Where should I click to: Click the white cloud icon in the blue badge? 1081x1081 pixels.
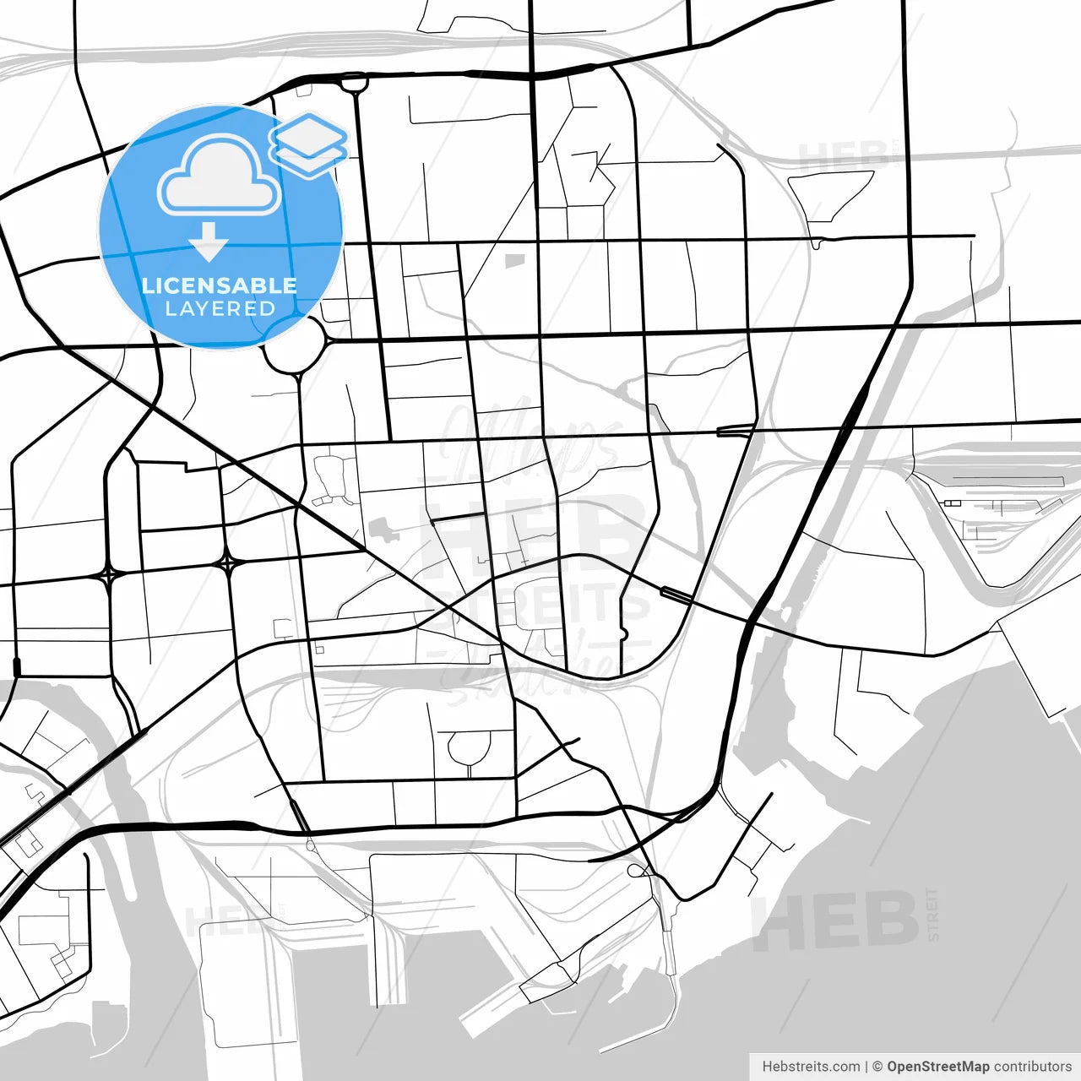click(x=220, y=176)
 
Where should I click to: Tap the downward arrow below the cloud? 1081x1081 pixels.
click(x=208, y=242)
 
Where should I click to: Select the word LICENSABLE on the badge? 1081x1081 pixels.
click(x=220, y=285)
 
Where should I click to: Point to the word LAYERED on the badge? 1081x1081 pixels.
click(x=220, y=309)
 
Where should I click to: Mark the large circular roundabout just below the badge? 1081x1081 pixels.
click(x=295, y=345)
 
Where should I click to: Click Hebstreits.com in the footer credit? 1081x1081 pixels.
click(x=811, y=1067)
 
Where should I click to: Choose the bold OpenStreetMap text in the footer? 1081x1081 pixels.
click(x=937, y=1067)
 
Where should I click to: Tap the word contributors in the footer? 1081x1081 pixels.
click(x=1032, y=1067)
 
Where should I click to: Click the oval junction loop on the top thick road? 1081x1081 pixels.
click(x=354, y=82)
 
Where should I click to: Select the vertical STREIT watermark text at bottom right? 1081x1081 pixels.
click(x=932, y=914)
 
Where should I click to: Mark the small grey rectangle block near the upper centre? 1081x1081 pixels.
click(x=514, y=261)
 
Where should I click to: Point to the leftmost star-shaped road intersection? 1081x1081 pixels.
click(x=109, y=575)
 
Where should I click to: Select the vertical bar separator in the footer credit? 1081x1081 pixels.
click(x=866, y=1067)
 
